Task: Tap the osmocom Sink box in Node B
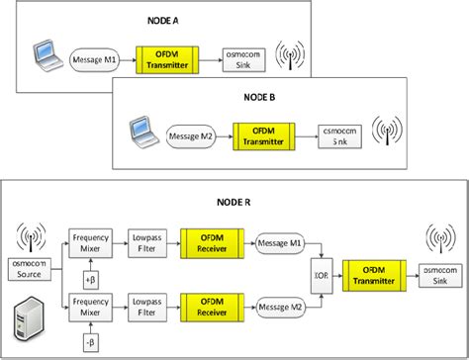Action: click(334, 135)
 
